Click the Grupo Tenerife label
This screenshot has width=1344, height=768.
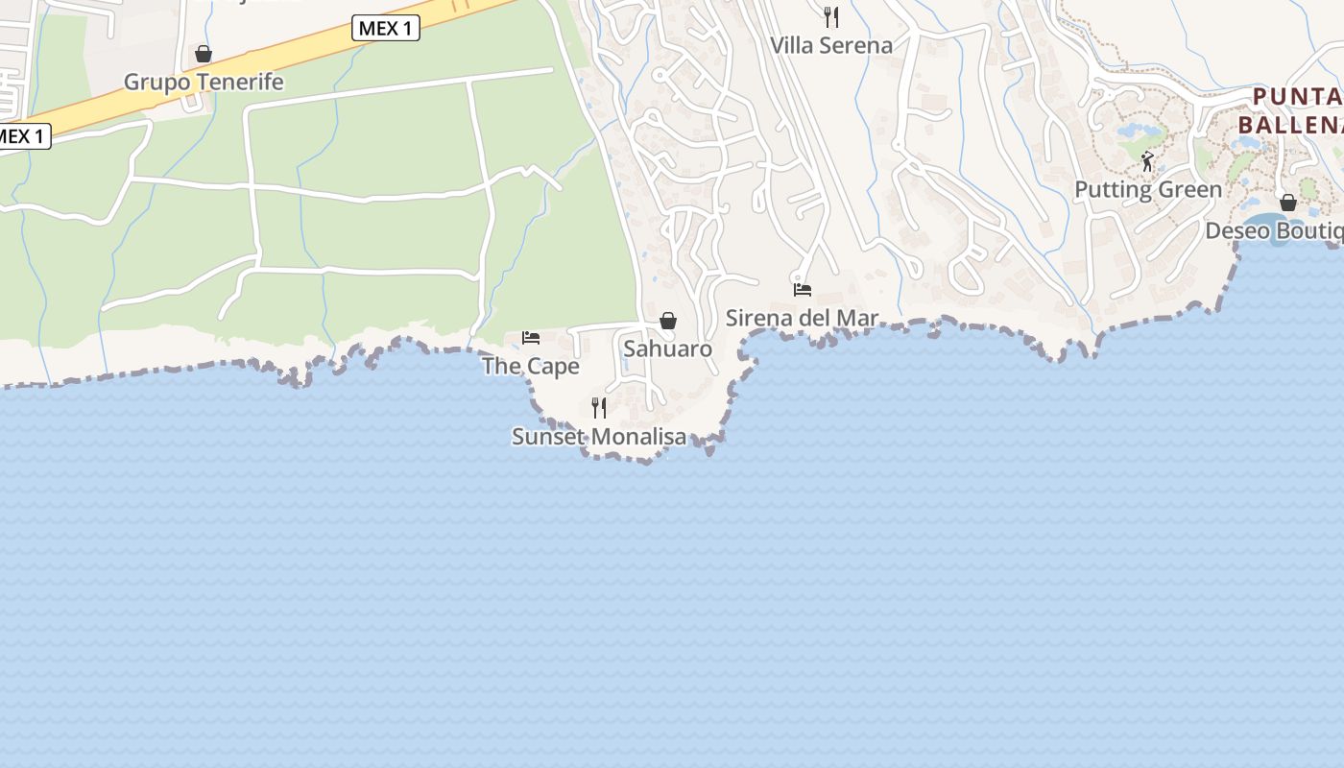pyautogui.click(x=204, y=82)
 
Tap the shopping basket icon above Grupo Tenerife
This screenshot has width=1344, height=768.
pyautogui.click(x=204, y=54)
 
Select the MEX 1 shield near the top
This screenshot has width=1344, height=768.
pyautogui.click(x=386, y=29)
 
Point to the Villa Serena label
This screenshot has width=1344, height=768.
pyautogui.click(x=831, y=45)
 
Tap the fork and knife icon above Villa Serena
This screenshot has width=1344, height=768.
pyautogui.click(x=831, y=16)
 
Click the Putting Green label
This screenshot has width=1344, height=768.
pyautogui.click(x=1147, y=189)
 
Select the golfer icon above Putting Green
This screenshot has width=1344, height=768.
pyautogui.click(x=1147, y=161)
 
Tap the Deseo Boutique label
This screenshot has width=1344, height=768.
pyautogui.click(x=1274, y=230)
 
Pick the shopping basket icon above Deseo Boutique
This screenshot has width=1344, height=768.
pyautogui.click(x=1288, y=203)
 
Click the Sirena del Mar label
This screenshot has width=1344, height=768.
pyautogui.click(x=802, y=318)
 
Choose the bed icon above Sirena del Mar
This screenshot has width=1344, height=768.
pyautogui.click(x=803, y=289)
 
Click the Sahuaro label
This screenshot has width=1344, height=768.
pyautogui.click(x=668, y=348)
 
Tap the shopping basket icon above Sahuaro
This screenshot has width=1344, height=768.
pyautogui.click(x=668, y=321)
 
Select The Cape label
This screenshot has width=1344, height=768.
pyautogui.click(x=531, y=366)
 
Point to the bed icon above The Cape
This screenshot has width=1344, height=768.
pyautogui.click(x=531, y=337)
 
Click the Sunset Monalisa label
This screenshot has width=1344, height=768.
pyautogui.click(x=599, y=437)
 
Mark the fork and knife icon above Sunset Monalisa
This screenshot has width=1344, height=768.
pyautogui.click(x=599, y=408)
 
